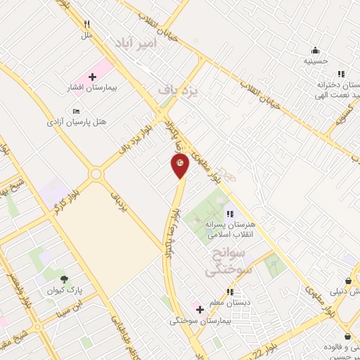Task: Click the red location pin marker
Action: (180, 165)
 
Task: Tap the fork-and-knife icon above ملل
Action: (87, 24)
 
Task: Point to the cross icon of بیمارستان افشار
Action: (92, 76)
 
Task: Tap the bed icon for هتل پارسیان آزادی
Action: (77, 110)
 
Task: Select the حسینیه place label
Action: (315, 61)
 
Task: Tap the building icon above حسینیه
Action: (315, 50)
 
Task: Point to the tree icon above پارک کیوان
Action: (64, 279)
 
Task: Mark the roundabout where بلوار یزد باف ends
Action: (96, 174)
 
